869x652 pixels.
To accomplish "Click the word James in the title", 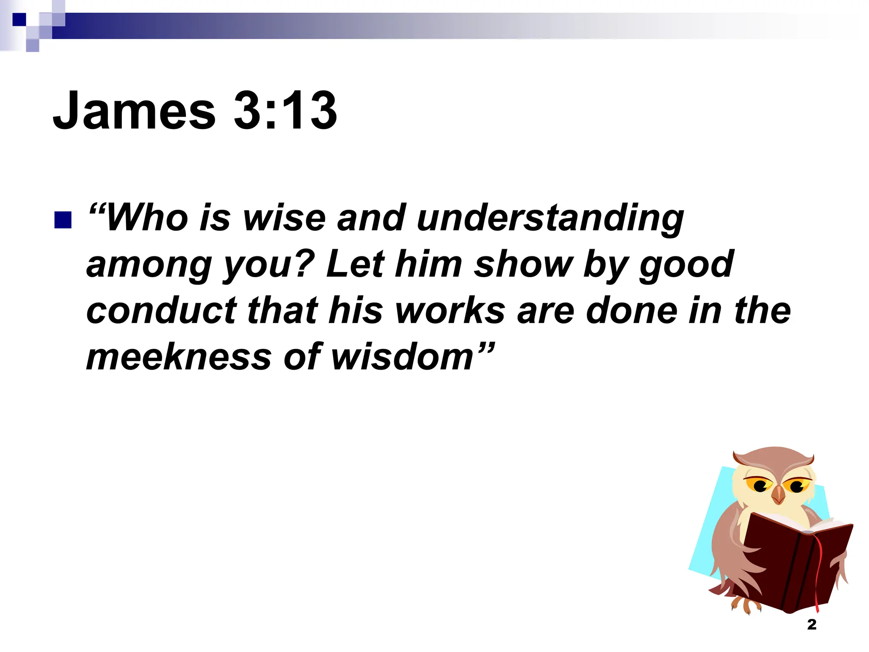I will click(x=134, y=111).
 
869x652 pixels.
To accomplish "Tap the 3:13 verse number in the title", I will click(x=285, y=111).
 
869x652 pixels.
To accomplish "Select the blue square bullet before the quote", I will click(x=63, y=220).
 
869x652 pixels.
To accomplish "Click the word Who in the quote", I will click(x=147, y=218).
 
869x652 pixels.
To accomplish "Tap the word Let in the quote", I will click(x=355, y=264).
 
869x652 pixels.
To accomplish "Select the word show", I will click(x=523, y=264).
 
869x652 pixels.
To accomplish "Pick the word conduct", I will click(x=161, y=311).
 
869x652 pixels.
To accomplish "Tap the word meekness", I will click(x=178, y=357).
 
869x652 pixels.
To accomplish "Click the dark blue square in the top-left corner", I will click(x=19, y=20).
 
